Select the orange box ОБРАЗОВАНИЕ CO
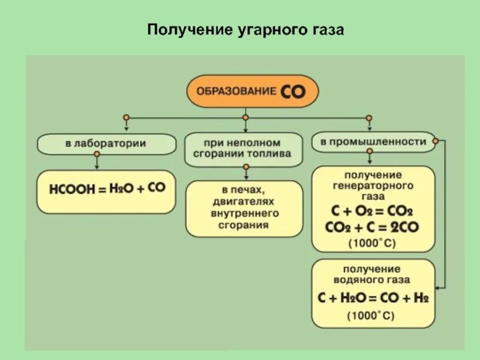[x=252, y=91]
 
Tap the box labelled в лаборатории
[x=106, y=143]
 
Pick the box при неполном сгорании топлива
[x=242, y=148]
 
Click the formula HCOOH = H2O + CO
[x=107, y=188]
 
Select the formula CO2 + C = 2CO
[x=372, y=227]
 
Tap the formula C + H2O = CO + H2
[x=372, y=297]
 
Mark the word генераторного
[x=373, y=185]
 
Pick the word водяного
[x=372, y=280]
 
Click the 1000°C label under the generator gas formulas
[x=372, y=244]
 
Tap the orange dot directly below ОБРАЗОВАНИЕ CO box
[x=245, y=117]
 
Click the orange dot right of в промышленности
[x=435, y=142]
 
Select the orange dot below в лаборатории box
[x=97, y=154]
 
